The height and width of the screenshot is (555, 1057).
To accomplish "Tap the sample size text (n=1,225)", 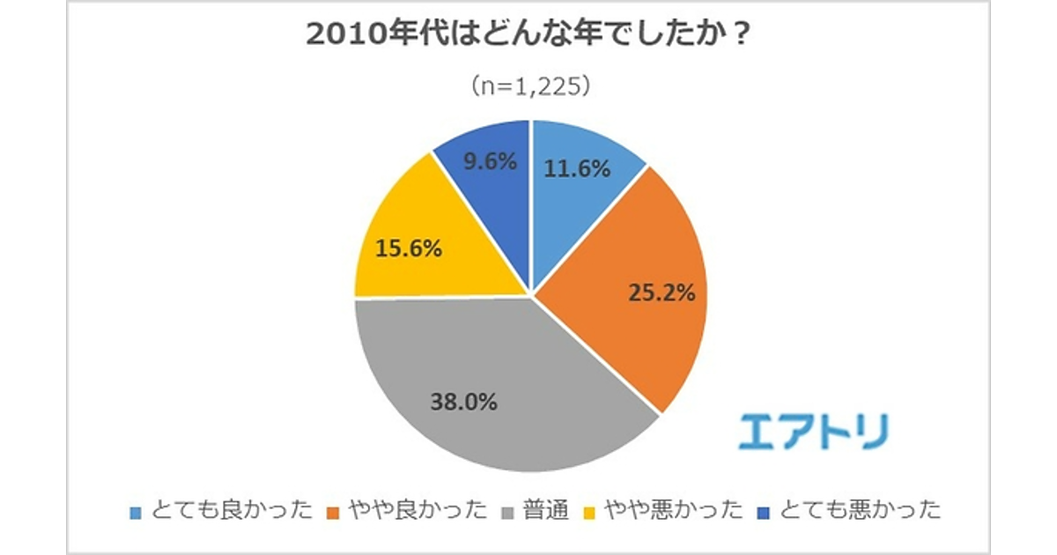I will [x=528, y=86].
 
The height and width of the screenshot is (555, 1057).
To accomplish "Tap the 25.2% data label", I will [x=662, y=293].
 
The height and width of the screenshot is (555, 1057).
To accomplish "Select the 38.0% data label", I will [x=464, y=403].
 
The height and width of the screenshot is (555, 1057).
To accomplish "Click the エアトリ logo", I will [x=812, y=431].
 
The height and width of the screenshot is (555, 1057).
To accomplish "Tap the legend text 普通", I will [x=545, y=510].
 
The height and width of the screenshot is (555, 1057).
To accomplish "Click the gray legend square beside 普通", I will [x=509, y=511].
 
